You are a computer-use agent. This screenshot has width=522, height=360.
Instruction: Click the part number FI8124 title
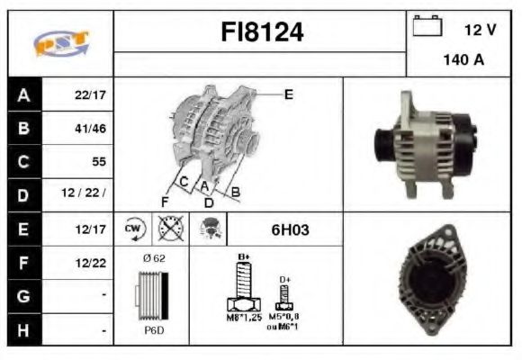tap(262, 33)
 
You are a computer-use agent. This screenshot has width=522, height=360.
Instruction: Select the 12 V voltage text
tap(480, 30)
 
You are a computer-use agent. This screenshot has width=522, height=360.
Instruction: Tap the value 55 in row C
tap(99, 162)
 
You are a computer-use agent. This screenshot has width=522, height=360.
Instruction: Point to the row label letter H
tap(23, 329)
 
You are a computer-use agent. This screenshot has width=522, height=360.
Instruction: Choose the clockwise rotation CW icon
tap(134, 229)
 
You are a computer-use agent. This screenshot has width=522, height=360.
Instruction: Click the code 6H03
tap(290, 229)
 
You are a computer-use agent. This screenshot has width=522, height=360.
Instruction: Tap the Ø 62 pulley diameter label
tap(153, 258)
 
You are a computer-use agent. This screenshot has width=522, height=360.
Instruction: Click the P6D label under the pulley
tap(153, 329)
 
